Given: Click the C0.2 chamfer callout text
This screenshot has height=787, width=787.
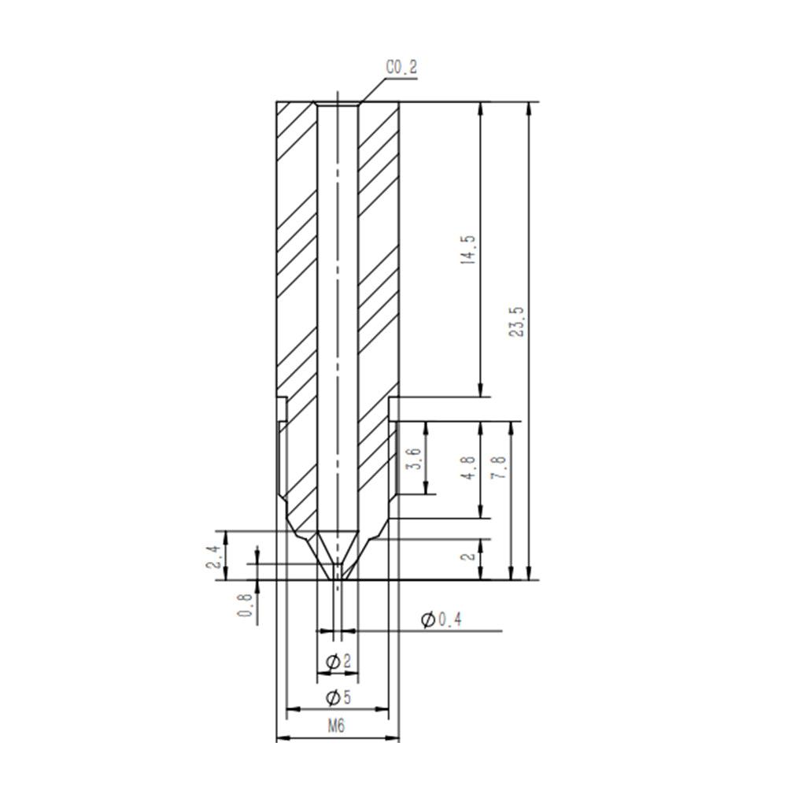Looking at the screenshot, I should [x=401, y=68].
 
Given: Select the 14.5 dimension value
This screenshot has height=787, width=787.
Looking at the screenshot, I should [x=470, y=257].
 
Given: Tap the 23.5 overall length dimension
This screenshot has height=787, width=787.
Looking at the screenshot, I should [x=517, y=320].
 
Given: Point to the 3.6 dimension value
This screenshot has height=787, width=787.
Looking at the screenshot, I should [x=414, y=458].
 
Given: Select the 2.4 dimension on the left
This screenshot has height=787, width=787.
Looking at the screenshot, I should [x=212, y=556].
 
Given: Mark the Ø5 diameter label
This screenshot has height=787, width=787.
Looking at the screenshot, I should [x=337, y=697].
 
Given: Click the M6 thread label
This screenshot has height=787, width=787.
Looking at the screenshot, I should [x=337, y=726].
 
